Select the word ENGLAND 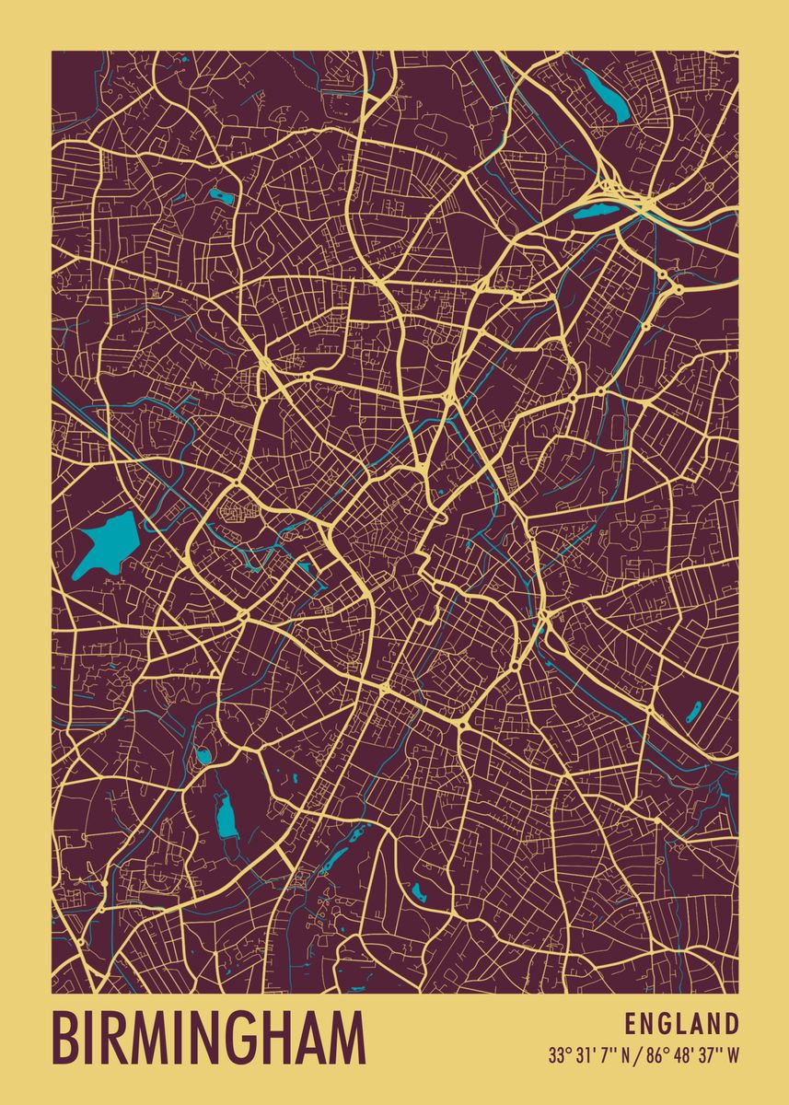(x=681, y=1024)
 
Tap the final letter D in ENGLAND (x=731, y=1024)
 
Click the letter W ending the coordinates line (x=733, y=1056)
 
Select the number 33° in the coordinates (x=557, y=1056)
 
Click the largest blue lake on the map (x=106, y=543)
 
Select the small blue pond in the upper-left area (x=220, y=195)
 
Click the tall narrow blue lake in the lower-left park (x=226, y=815)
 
